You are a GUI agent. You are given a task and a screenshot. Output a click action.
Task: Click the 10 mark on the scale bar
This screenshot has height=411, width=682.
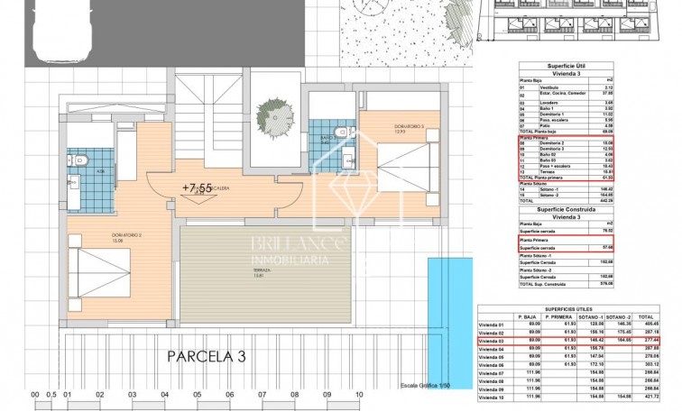[x=358, y=395]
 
